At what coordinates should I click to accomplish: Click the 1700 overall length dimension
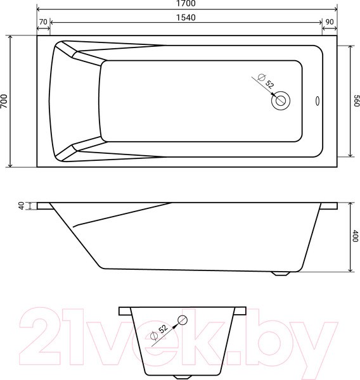187,4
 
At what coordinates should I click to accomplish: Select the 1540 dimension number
187,17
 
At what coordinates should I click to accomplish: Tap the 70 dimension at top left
44,22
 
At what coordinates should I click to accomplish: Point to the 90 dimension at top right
330,22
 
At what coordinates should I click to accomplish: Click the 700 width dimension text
5,101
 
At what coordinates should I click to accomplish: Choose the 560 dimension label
356,101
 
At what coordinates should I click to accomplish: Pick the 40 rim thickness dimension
21,206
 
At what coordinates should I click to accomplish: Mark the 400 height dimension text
355,237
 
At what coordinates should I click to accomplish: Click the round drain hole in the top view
281,99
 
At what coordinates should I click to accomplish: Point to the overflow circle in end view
183,319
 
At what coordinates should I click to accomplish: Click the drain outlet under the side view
281,274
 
